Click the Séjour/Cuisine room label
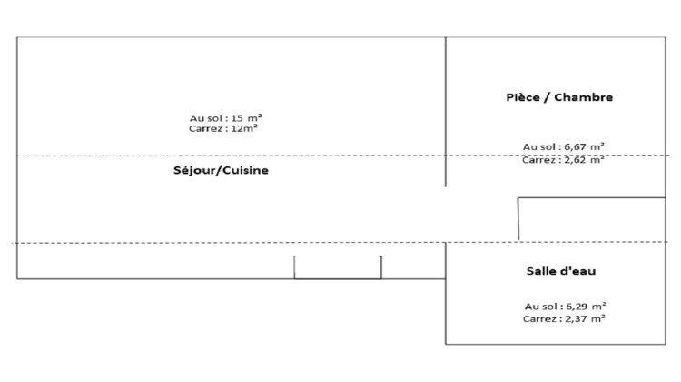tap(221, 170)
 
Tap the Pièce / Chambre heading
tap(559, 97)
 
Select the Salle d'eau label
tap(561, 271)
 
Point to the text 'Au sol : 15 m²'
tap(225, 118)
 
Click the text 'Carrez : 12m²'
tap(223, 128)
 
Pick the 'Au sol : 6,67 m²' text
tap(563, 147)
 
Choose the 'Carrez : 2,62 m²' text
tap(563, 160)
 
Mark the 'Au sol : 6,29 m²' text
tap(565, 307)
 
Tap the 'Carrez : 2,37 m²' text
tap(564, 318)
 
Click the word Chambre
tap(583, 97)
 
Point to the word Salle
tap(539, 271)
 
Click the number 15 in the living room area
tap(237, 118)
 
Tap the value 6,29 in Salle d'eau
tap(576, 307)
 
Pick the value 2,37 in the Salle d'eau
tap(575, 318)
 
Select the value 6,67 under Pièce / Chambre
tap(574, 147)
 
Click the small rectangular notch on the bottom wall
tap(338, 278)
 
